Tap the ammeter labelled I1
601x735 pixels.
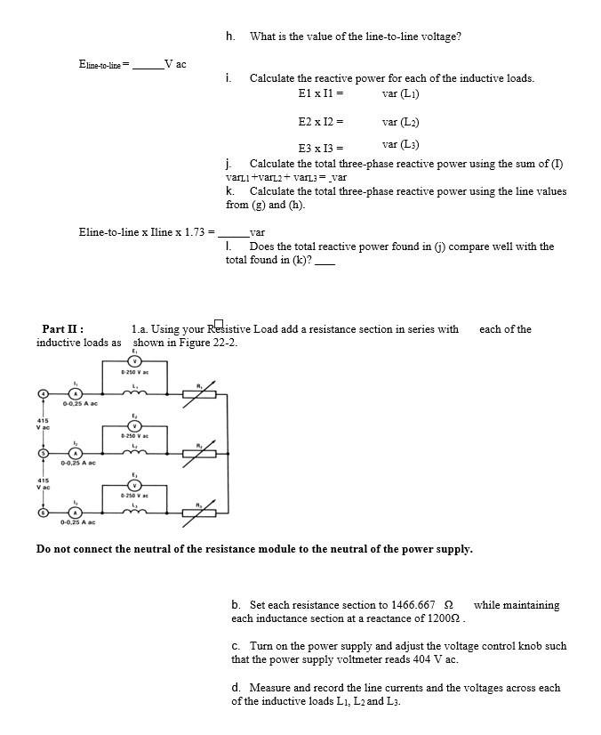pyautogui.click(x=76, y=392)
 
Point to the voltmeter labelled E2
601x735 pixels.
pyautogui.click(x=135, y=425)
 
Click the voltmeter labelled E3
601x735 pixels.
pyautogui.click(x=135, y=485)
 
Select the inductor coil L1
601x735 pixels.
pyautogui.click(x=135, y=392)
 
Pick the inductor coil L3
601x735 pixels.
pyautogui.click(x=135, y=512)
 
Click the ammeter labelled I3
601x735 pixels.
pyautogui.click(x=76, y=512)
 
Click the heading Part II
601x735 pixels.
pyautogui.click(x=63, y=329)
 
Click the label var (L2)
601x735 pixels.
pyautogui.click(x=400, y=122)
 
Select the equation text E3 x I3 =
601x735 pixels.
pyautogui.click(x=321, y=149)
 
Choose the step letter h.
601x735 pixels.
pyautogui.click(x=230, y=36)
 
